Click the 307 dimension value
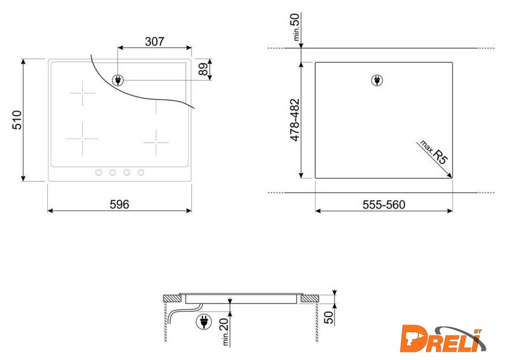(x=155, y=42)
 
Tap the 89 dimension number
(x=203, y=69)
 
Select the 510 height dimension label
(x=17, y=120)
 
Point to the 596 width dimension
(x=120, y=204)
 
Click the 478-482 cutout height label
(x=295, y=120)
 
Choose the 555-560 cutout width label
(x=384, y=205)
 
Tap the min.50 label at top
(x=296, y=27)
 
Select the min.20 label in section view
(x=225, y=331)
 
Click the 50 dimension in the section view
(x=328, y=317)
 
